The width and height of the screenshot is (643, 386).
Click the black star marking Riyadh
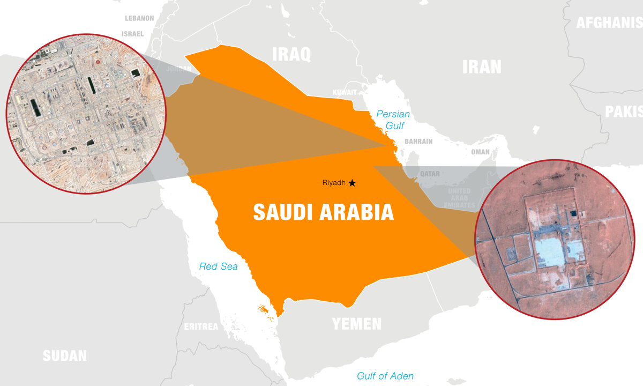[x=352, y=183]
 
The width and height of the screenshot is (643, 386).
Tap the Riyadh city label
[x=334, y=183]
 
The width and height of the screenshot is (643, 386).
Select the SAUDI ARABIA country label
[x=323, y=212]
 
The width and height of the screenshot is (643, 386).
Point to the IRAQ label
[x=291, y=54]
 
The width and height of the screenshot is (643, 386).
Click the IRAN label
[x=482, y=66]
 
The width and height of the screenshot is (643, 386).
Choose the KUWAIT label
[x=345, y=92]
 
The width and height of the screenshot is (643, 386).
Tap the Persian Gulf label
[x=393, y=120]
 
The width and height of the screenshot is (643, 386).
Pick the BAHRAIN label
[x=418, y=142]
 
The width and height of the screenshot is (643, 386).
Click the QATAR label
[x=430, y=174]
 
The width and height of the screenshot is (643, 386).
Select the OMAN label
[x=480, y=152]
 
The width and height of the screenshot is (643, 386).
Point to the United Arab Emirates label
[x=459, y=198]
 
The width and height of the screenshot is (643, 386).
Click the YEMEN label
[x=356, y=324]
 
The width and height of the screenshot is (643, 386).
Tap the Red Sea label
[x=218, y=266]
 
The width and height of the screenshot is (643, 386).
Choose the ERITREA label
[x=201, y=326]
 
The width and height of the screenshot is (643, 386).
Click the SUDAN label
[x=64, y=355]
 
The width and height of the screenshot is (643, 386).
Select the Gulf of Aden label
[x=385, y=376]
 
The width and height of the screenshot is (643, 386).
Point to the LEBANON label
[x=139, y=18]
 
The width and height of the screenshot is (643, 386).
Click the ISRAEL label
[x=133, y=34]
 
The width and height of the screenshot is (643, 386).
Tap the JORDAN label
[x=182, y=69]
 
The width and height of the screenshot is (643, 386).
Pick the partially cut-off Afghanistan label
[x=609, y=23]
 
